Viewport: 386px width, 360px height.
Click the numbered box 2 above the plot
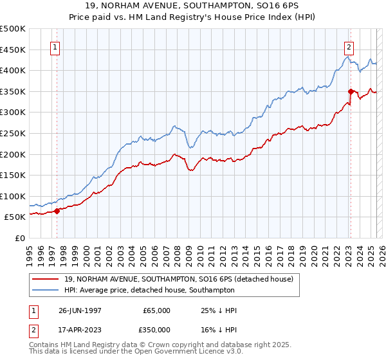click(348, 47)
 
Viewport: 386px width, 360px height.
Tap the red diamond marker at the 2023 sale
click(351, 91)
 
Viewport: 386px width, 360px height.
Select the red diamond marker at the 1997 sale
click(57, 210)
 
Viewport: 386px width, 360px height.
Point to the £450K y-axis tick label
click(13, 50)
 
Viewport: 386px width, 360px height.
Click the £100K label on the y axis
click(13, 196)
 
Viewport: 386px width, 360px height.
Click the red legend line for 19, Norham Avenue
click(46, 279)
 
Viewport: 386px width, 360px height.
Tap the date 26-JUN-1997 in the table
click(80, 310)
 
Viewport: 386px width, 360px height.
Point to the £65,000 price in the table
click(156, 310)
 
